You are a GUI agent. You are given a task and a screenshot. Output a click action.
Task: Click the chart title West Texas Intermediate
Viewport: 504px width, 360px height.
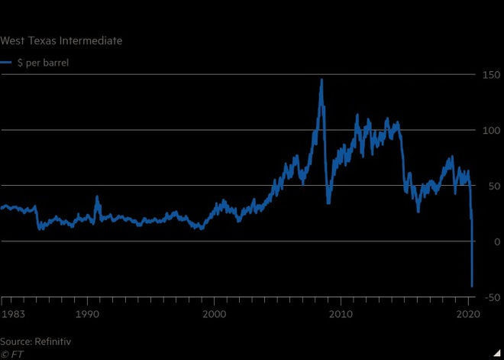click(x=61, y=40)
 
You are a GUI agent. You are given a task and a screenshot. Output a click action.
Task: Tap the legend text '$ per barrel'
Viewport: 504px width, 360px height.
click(x=43, y=63)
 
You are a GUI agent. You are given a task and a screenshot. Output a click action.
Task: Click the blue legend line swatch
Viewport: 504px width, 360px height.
click(x=5, y=63)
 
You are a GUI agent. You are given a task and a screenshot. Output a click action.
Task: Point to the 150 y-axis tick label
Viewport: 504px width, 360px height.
click(x=489, y=74)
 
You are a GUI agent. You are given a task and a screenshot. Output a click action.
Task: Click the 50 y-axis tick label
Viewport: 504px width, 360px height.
click(x=493, y=186)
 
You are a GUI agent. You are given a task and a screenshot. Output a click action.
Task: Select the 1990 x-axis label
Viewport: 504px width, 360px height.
click(x=88, y=314)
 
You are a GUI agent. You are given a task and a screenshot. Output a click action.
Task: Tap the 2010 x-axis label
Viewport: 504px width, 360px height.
click(x=341, y=314)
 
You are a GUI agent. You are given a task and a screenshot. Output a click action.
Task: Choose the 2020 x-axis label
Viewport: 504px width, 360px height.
click(x=467, y=314)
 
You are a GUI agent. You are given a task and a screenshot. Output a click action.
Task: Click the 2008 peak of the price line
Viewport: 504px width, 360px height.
click(x=321, y=79)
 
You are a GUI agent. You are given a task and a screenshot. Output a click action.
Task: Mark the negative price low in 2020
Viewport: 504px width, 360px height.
click(x=473, y=286)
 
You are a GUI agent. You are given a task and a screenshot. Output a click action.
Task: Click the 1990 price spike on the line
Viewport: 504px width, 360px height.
click(x=97, y=197)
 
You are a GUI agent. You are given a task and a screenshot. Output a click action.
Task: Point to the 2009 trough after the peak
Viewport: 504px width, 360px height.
click(x=328, y=203)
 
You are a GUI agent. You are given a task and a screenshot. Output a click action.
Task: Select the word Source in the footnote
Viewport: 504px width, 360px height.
click(x=16, y=342)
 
